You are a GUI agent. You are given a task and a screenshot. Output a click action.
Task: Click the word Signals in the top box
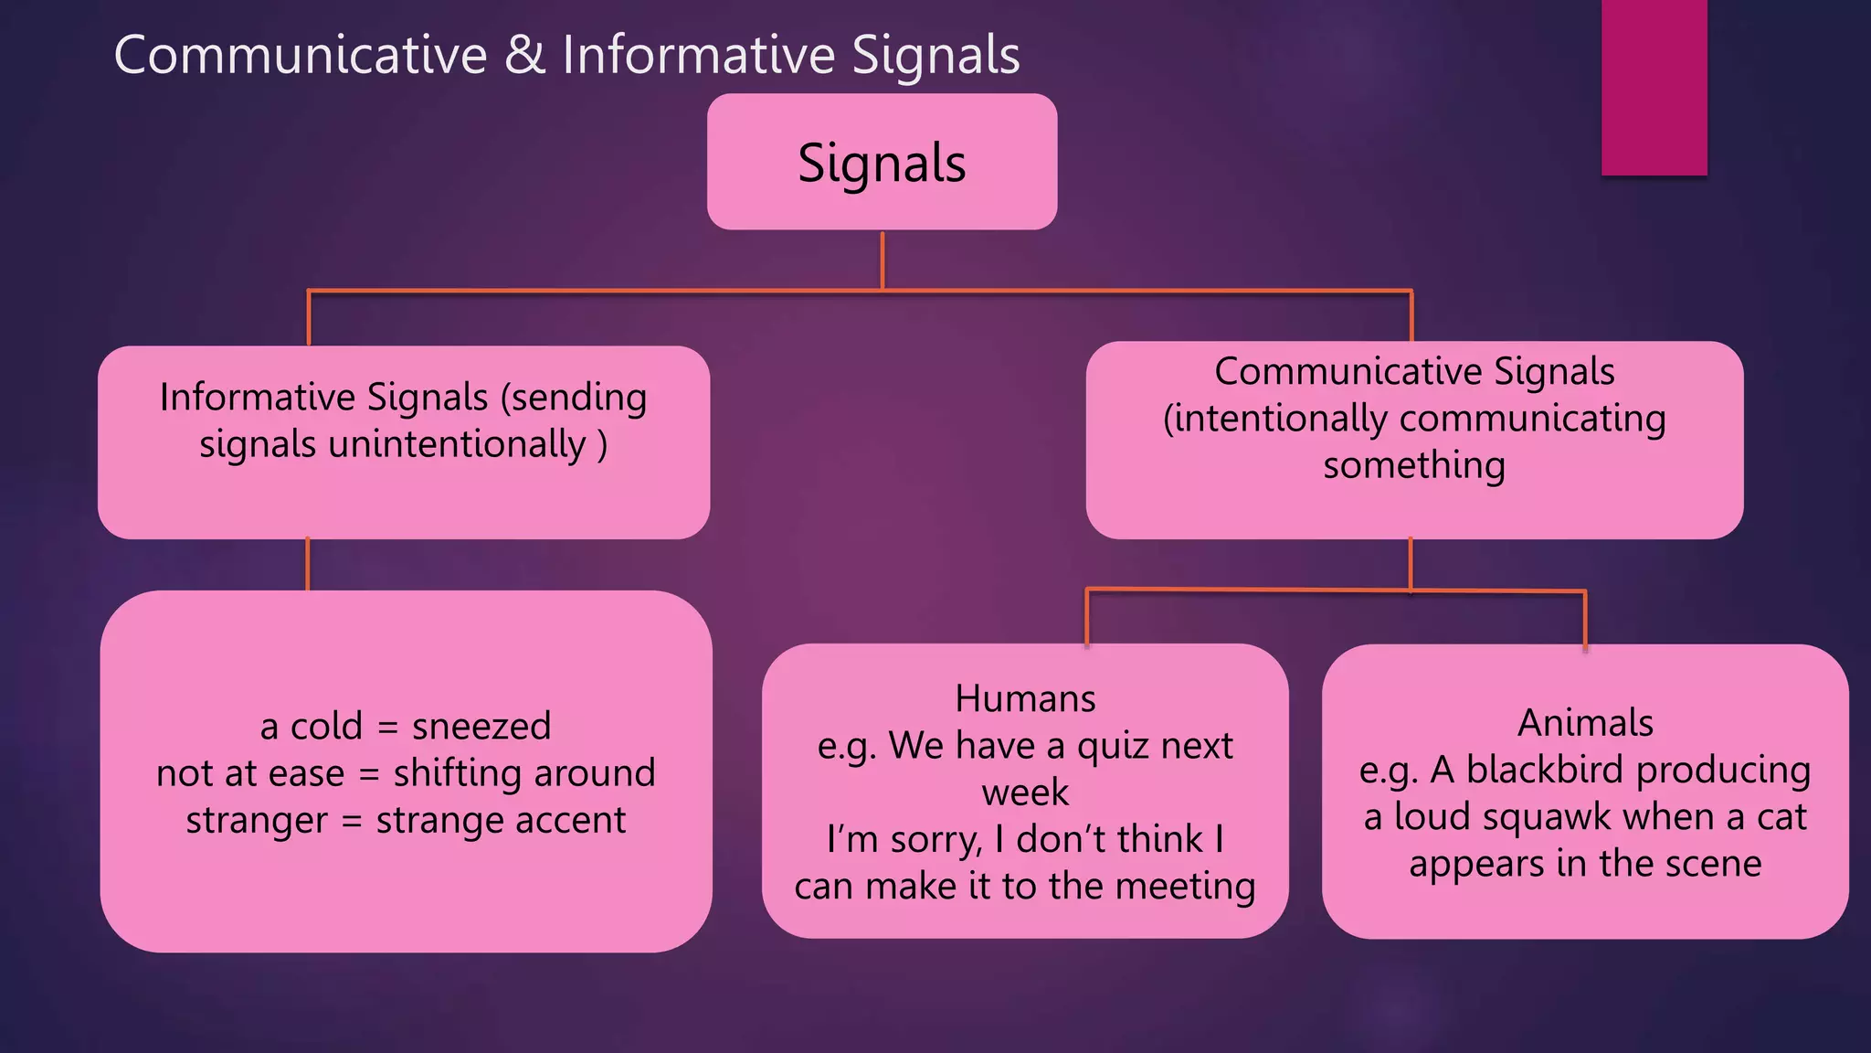(882, 163)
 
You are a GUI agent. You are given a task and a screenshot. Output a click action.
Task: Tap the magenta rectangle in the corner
(1654, 87)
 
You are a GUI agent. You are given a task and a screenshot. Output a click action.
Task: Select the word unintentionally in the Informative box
(457, 445)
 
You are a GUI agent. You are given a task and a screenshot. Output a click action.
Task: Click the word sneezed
(481, 727)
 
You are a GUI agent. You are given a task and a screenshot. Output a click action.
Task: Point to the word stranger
(256, 821)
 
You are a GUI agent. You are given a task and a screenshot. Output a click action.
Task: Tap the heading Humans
(1025, 699)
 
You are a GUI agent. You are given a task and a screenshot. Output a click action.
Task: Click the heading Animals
(1585, 723)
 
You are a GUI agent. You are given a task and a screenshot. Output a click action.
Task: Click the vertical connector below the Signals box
(883, 261)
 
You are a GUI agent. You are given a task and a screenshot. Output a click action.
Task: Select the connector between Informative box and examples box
(308, 564)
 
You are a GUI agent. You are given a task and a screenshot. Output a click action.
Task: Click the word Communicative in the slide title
(301, 55)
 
